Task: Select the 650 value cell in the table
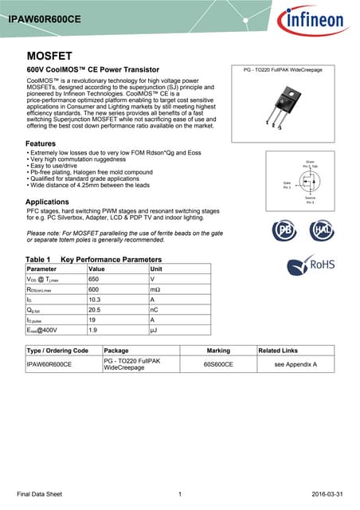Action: tap(93, 280)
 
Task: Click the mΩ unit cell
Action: tap(155, 292)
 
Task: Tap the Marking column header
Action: tap(218, 351)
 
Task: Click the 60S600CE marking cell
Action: tap(218, 364)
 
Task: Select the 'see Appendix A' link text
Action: tap(295, 364)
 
